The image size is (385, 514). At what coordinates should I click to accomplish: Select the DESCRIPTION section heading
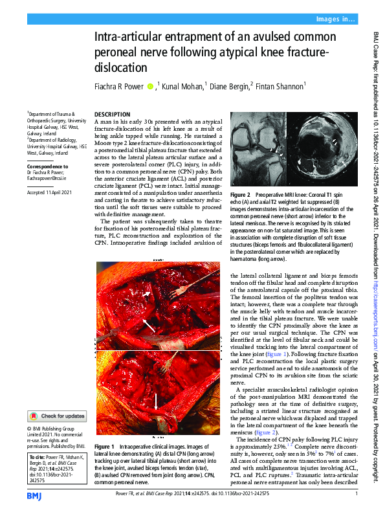click(x=112, y=113)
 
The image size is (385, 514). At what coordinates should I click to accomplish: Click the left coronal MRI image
click(x=258, y=147)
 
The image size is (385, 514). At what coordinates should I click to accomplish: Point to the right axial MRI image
click(x=320, y=147)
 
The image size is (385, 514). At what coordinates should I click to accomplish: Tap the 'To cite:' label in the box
click(x=38, y=457)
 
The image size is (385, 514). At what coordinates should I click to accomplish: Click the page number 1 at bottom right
click(x=357, y=495)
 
